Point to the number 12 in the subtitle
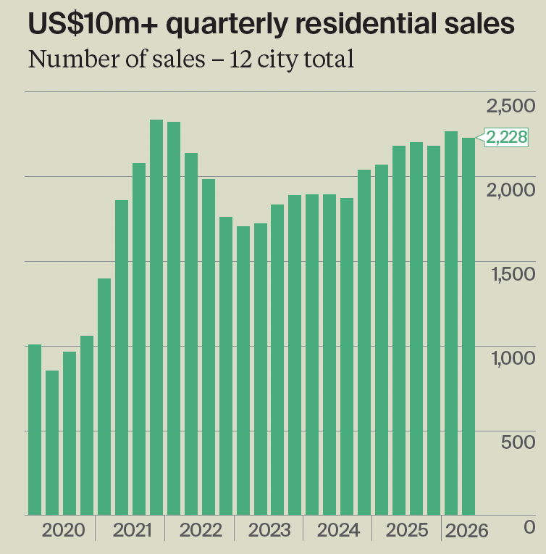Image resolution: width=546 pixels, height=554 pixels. point(240,59)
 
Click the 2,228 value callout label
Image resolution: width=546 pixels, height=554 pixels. point(506,137)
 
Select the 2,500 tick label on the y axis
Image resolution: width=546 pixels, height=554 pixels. point(511,106)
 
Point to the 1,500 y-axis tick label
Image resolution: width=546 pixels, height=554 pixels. point(513,274)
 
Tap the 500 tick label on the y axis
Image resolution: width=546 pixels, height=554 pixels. point(518,442)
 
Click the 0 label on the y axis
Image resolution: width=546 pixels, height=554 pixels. point(529,526)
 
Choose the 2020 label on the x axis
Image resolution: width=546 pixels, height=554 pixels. point(63,530)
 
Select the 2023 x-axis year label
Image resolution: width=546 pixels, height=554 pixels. point(269,530)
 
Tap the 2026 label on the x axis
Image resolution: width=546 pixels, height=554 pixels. point(466,531)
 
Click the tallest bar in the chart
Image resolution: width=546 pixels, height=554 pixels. point(156,318)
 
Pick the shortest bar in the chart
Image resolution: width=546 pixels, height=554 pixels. point(52,443)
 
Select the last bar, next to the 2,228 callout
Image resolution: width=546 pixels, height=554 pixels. point(469,326)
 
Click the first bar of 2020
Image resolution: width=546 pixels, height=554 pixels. point(35,429)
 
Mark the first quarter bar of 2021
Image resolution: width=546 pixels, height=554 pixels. point(104,397)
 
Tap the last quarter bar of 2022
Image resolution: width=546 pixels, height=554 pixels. point(226,366)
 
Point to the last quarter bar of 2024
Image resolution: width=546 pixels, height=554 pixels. point(364,342)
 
